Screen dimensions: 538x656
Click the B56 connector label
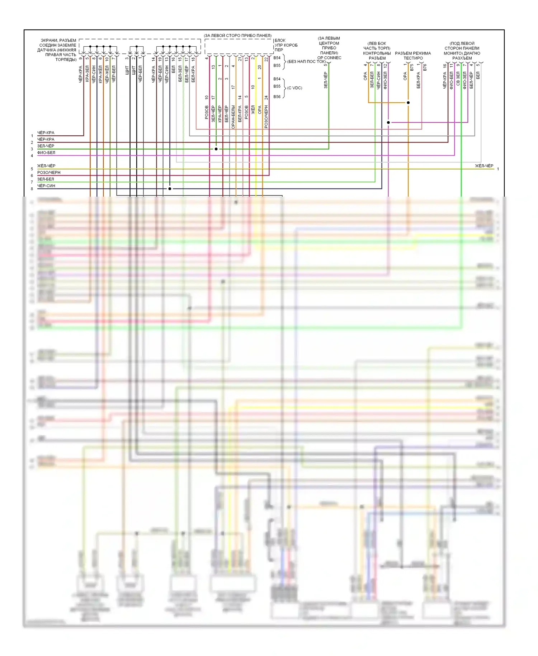(277, 97)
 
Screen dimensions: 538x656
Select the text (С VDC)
(294, 88)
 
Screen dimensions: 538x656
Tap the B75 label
(412, 67)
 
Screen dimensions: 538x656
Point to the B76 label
(425, 67)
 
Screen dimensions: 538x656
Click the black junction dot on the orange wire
(408, 103)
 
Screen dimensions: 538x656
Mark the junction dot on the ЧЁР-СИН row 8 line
(170, 188)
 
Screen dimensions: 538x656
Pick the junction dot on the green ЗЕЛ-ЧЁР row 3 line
(216, 149)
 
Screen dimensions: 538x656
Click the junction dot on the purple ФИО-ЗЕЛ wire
(388, 122)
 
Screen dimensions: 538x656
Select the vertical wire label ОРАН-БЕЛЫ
(233, 117)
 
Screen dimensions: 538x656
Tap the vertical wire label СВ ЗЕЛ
(458, 79)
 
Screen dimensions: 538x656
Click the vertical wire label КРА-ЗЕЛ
(87, 74)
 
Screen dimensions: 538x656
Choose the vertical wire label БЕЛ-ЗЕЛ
(180, 74)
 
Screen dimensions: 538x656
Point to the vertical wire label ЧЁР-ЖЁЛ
(107, 74)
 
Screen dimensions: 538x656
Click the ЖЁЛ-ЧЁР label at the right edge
(484, 166)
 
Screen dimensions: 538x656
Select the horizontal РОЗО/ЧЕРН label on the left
(49, 173)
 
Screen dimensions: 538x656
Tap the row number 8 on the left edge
(32, 189)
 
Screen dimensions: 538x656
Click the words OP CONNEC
(329, 58)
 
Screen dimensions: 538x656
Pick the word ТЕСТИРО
(413, 58)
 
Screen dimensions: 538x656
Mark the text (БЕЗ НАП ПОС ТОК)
(306, 62)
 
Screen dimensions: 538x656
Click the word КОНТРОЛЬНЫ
(377, 53)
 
